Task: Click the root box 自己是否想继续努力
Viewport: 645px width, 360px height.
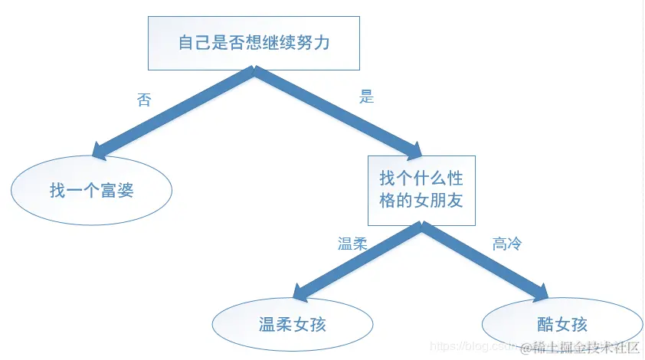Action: coord(254,41)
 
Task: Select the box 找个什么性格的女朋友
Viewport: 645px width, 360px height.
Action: coord(421,190)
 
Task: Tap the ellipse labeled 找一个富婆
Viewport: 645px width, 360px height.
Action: coord(91,190)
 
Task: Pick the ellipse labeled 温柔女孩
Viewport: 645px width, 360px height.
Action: coord(293,324)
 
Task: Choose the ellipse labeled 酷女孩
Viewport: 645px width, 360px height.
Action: coord(562,324)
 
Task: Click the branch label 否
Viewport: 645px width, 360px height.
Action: coord(144,100)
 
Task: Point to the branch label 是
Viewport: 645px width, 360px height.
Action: coord(366,97)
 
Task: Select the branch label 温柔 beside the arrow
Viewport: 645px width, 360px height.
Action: coord(352,244)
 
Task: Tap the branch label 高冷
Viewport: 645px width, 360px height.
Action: coord(507,244)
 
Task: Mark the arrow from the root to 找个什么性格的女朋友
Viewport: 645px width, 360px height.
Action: coord(337,112)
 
